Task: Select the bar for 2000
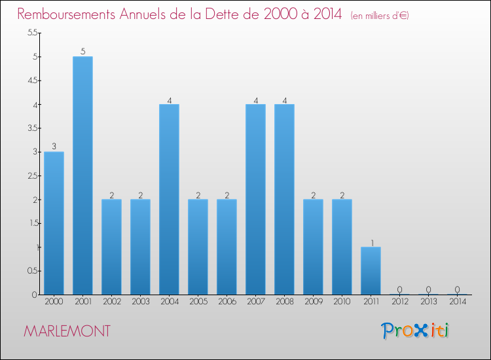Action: click(54, 223)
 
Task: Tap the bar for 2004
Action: click(169, 200)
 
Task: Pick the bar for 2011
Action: click(371, 270)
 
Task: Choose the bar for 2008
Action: click(284, 200)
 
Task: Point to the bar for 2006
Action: click(227, 247)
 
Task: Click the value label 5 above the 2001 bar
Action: click(82, 52)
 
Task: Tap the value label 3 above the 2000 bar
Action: click(54, 147)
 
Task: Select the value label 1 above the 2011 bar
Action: click(371, 242)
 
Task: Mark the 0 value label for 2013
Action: click(428, 289)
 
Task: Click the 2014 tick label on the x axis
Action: click(457, 302)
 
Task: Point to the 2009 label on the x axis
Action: click(313, 302)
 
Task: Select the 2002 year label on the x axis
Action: click(111, 302)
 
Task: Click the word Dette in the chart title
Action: click(227, 14)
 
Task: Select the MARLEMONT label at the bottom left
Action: click(67, 331)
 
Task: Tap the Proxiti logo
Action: click(415, 331)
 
